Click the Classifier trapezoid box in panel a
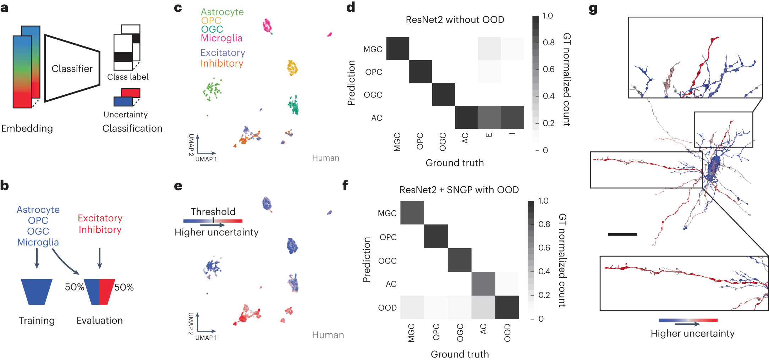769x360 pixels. point(72,68)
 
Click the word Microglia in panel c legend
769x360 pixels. point(221,38)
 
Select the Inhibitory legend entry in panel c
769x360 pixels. point(222,63)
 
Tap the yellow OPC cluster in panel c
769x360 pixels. point(292,68)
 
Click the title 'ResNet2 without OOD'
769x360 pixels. point(455,20)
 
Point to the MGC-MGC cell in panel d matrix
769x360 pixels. point(397,49)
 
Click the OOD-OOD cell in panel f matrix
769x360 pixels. point(507,307)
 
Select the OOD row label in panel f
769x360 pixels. point(387,308)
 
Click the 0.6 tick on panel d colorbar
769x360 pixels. point(548,69)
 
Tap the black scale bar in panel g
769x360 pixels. point(622,234)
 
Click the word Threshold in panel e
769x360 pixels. point(213,212)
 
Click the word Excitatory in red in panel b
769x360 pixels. point(100,218)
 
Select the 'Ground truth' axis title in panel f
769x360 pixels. point(460,354)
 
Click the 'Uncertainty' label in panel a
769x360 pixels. point(126,115)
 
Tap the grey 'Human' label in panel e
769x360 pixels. point(328,335)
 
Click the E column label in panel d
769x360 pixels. point(489,135)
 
